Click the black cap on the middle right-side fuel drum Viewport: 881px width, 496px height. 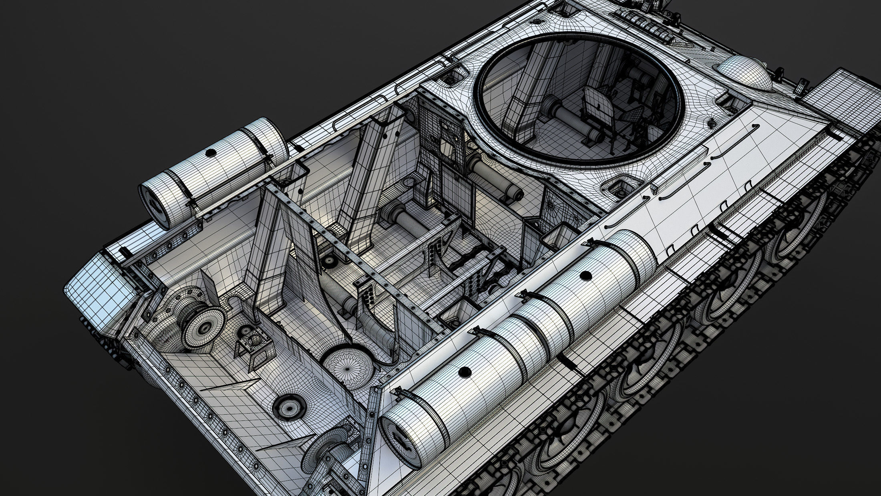point(586,275)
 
